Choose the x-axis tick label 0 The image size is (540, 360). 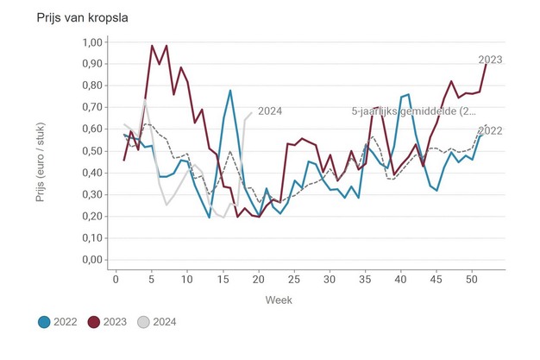click(x=116, y=280)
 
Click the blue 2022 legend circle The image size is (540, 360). click(x=44, y=323)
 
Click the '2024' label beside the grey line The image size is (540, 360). click(x=270, y=111)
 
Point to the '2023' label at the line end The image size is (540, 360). click(x=490, y=60)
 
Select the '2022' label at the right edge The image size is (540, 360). click(x=490, y=130)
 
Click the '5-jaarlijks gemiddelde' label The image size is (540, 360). click(x=413, y=111)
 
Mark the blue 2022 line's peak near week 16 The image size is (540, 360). click(x=230, y=91)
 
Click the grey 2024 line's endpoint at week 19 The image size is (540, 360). click(x=251, y=112)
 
